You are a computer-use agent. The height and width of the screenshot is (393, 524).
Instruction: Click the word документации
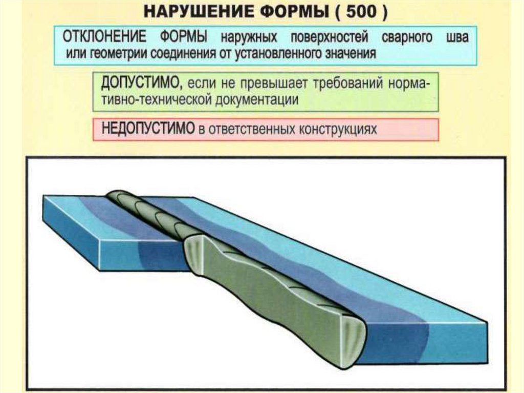254,99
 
